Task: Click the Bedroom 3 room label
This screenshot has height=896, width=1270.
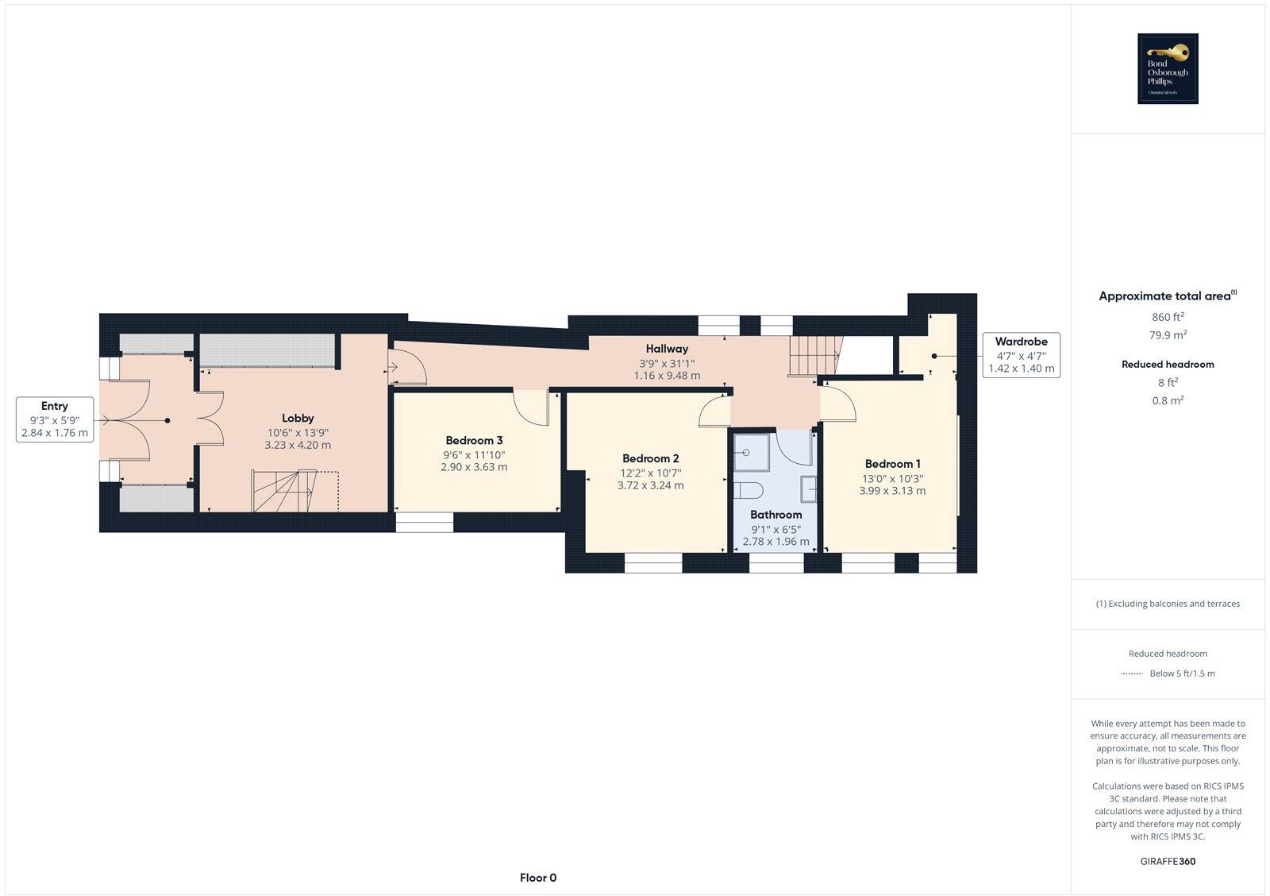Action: (x=474, y=440)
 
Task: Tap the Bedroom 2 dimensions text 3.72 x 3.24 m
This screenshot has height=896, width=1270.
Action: (x=650, y=485)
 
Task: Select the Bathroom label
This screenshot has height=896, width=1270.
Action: (x=775, y=515)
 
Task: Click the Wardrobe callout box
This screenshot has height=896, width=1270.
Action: (x=1021, y=355)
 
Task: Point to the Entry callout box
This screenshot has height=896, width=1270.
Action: (x=55, y=419)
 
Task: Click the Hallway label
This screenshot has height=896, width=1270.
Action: (x=667, y=349)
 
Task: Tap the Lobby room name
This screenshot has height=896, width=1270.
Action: (x=298, y=418)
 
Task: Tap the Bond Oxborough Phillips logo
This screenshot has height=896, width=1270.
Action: (x=1168, y=69)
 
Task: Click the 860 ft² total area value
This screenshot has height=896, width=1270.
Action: (x=1168, y=317)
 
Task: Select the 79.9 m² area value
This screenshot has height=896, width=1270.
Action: (x=1168, y=335)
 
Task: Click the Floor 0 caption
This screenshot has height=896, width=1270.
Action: (x=538, y=878)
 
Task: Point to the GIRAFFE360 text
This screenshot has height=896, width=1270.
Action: (x=1168, y=861)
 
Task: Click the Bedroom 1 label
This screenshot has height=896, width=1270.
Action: (x=892, y=464)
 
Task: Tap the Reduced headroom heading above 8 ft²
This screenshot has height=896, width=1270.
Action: (x=1168, y=365)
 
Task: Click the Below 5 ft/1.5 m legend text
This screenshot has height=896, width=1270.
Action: (x=1182, y=674)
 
